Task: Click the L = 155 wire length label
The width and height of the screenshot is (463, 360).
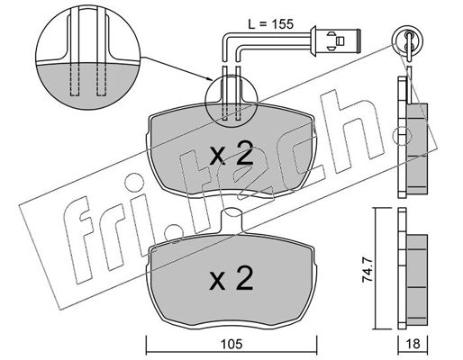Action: (270, 23)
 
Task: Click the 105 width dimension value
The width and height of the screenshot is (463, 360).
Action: (231, 345)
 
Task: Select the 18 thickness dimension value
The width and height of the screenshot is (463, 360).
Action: (413, 344)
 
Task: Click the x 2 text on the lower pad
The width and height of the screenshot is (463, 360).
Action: (231, 278)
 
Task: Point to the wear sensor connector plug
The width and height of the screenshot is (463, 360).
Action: (335, 40)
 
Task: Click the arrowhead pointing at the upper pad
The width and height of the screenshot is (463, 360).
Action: (209, 79)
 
